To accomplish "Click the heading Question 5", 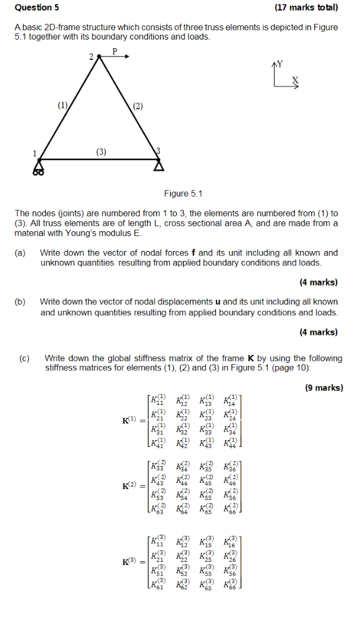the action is [37, 8].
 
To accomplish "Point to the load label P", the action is [114, 50].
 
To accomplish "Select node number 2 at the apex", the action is [91, 56].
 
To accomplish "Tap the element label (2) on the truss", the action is [137, 106].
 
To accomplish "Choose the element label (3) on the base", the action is [101, 151].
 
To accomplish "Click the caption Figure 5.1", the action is [183, 193].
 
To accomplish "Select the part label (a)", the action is [21, 252].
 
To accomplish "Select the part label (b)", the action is [21, 302].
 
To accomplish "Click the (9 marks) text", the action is [324, 388].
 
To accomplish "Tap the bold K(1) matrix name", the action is [132, 421].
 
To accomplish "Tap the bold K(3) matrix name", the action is [132, 562].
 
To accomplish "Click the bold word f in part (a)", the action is [194, 252].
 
